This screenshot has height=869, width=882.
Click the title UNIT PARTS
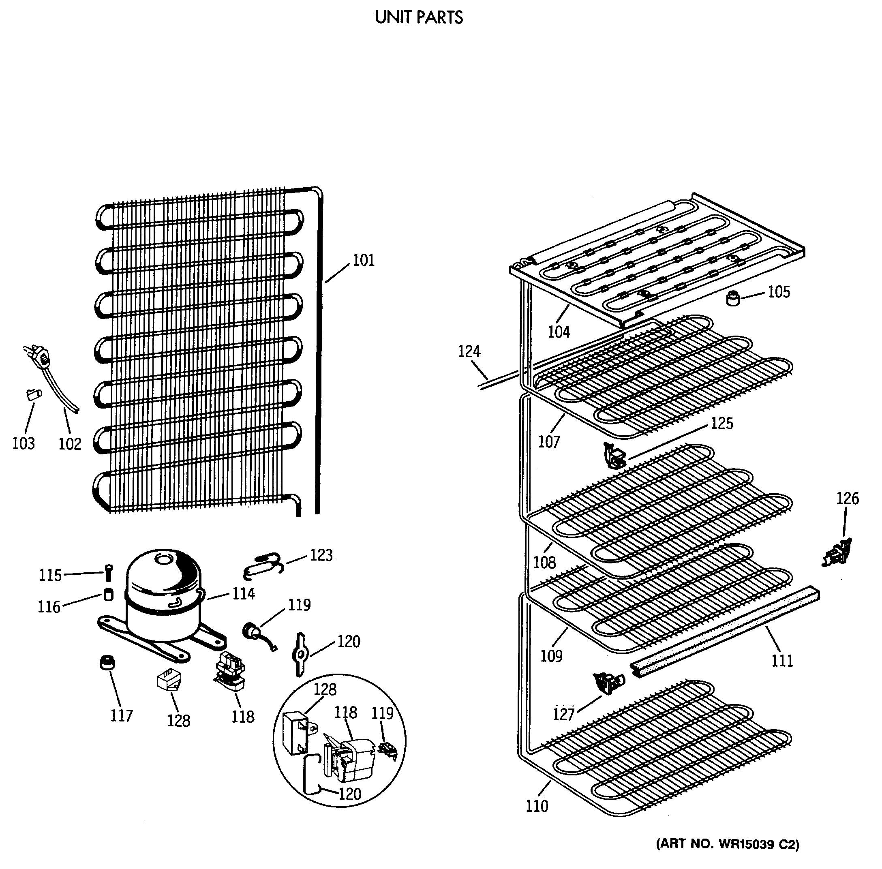[x=419, y=18]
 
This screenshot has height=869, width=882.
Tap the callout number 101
[x=364, y=261]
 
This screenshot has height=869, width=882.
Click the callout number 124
[x=469, y=351]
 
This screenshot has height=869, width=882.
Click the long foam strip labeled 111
[x=726, y=630]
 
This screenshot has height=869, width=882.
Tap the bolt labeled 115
[x=108, y=573]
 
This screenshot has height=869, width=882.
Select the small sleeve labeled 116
[x=108, y=595]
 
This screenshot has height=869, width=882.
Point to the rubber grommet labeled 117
[x=107, y=662]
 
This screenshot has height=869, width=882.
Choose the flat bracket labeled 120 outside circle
[x=300, y=654]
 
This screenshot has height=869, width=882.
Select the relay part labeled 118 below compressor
[x=231, y=670]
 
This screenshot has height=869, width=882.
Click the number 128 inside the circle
[x=325, y=689]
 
